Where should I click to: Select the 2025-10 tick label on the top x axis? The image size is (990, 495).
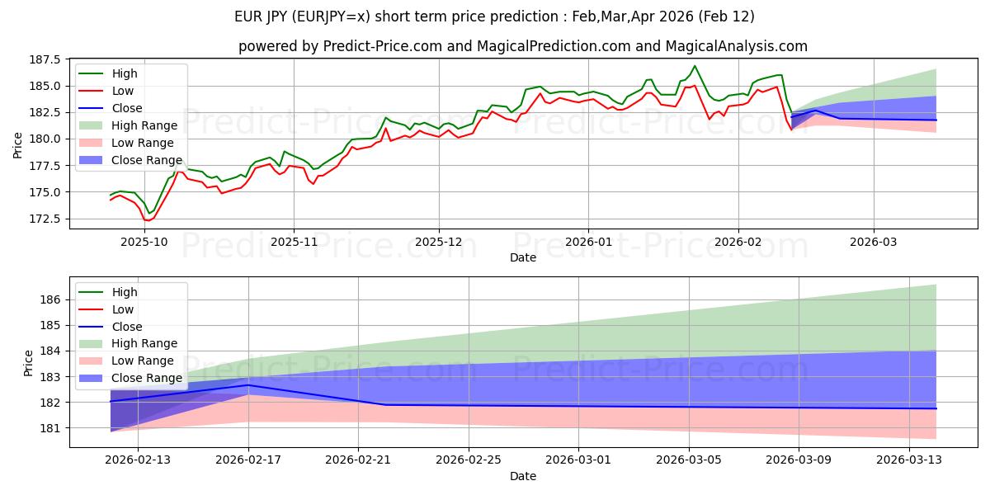144,243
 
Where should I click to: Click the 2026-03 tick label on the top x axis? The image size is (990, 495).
874,243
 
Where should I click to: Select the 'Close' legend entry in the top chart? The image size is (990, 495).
127,108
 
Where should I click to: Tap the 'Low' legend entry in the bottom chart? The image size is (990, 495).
124,309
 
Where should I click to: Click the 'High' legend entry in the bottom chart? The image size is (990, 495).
125,292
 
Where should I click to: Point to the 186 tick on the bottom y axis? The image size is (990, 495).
51,299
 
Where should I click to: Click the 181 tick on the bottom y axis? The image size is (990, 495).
51,428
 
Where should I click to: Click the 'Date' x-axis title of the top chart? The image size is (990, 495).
523,257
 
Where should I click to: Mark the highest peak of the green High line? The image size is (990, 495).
695,66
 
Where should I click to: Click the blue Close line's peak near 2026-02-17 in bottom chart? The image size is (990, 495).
248,385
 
